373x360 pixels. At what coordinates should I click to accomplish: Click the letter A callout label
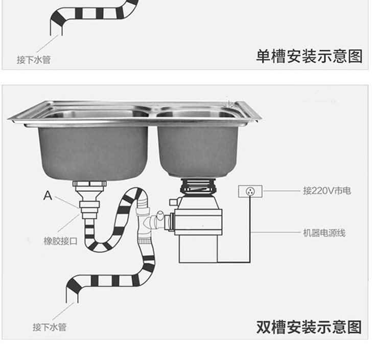pos(48,195)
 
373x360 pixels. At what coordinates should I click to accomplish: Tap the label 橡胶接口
pos(60,241)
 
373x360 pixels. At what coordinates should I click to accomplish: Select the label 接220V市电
pos(327,191)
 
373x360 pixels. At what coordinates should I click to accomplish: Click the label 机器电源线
pos(324,233)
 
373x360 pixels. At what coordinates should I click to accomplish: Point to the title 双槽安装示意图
pos(309,327)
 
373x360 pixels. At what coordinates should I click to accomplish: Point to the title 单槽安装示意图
pos(309,56)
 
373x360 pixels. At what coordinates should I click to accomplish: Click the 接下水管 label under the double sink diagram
pos(50,327)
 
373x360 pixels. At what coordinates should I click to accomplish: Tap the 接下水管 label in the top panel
pos(34,59)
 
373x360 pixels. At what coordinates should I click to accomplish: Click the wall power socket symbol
pos(250,191)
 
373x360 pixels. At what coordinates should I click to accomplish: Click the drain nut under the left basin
pos(89,184)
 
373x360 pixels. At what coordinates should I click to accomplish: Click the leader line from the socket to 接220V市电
pos(282,191)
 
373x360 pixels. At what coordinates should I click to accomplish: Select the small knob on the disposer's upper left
pos(173,202)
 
